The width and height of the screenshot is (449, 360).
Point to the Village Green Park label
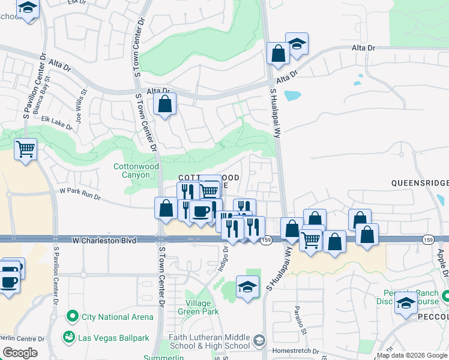point(202,307)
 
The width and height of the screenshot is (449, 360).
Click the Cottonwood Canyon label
point(136,170)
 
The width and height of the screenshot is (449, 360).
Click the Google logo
point(20,353)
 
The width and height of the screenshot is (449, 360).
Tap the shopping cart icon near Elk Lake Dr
point(25,148)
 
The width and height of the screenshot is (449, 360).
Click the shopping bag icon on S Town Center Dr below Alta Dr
point(164,104)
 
